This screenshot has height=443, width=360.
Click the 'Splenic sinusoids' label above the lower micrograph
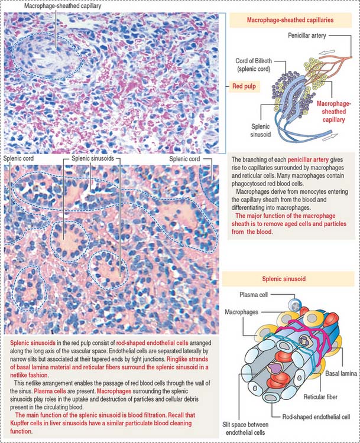[93, 158]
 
